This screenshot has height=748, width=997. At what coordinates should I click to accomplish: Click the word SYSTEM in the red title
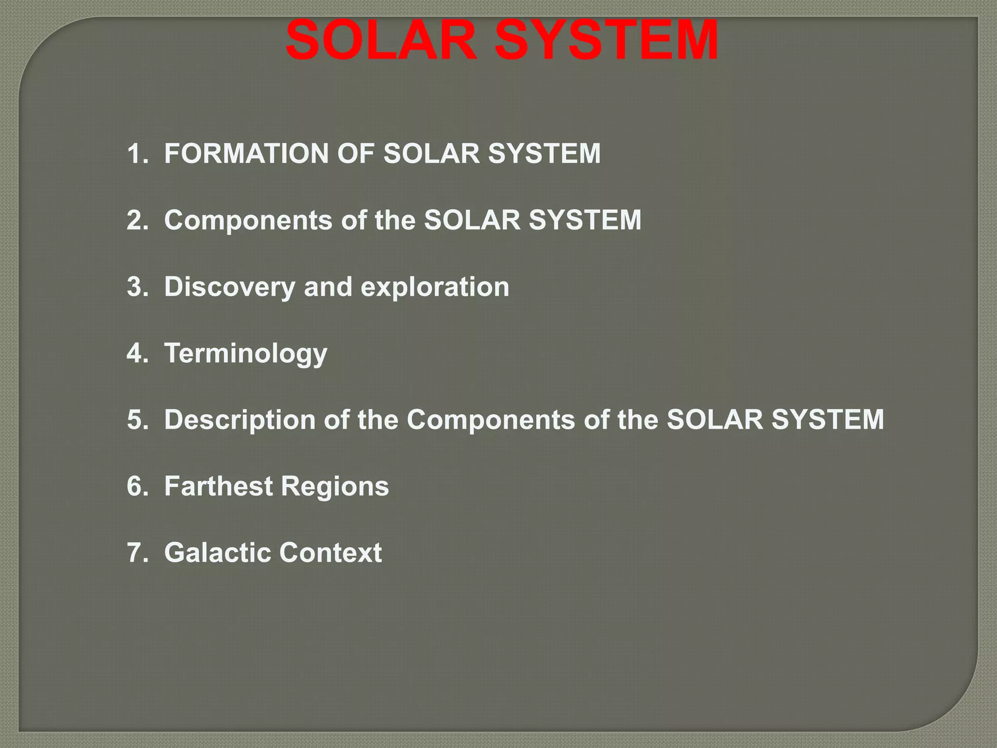click(x=606, y=41)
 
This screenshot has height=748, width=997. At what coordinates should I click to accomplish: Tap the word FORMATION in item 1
click(x=246, y=153)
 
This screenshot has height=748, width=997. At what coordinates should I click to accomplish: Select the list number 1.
click(x=137, y=153)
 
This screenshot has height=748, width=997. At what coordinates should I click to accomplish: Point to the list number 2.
click(x=137, y=220)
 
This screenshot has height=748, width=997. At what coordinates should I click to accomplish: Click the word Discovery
click(x=229, y=287)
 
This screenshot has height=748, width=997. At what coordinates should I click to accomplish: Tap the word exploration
click(x=435, y=287)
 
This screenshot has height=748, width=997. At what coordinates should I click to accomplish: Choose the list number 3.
click(x=137, y=287)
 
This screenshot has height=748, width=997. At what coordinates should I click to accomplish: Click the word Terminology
click(x=245, y=354)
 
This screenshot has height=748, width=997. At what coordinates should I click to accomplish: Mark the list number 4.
click(x=137, y=354)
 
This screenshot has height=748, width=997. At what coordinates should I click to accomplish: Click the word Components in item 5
click(x=491, y=420)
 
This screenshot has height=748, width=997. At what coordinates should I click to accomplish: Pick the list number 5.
click(x=137, y=420)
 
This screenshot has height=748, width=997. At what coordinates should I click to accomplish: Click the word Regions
click(x=335, y=486)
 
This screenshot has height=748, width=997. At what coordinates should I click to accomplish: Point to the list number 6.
click(x=137, y=486)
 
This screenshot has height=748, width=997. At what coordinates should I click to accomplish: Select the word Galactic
click(x=217, y=553)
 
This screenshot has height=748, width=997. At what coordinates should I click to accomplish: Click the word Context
click(x=331, y=553)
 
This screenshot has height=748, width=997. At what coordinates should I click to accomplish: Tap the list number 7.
click(x=137, y=553)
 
